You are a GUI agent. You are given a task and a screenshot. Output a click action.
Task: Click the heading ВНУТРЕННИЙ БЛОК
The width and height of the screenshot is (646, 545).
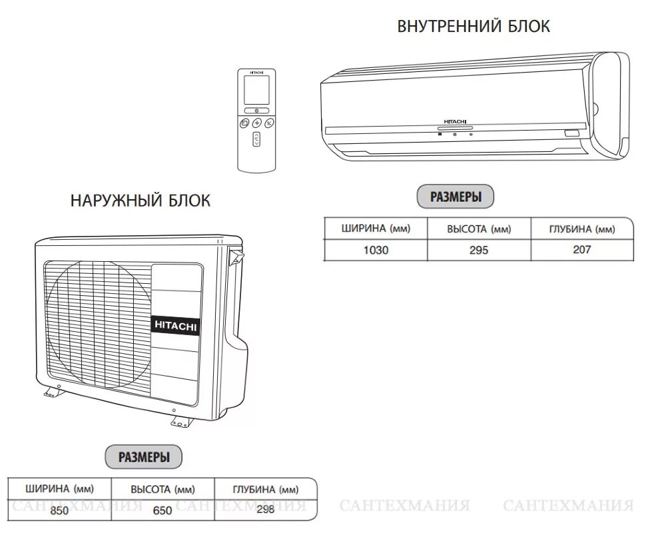tap(474, 27)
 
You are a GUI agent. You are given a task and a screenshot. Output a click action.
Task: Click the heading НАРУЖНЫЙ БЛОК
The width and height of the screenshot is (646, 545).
tap(140, 201)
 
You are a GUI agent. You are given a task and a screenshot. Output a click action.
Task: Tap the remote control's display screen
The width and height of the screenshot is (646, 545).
tap(256, 89)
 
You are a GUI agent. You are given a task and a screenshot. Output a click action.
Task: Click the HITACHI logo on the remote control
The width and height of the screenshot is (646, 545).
tap(256, 71)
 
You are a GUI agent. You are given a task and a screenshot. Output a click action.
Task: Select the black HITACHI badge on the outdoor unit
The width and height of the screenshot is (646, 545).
tap(176, 325)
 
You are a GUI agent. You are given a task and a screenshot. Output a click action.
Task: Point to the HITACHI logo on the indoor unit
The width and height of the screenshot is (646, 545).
tap(454, 123)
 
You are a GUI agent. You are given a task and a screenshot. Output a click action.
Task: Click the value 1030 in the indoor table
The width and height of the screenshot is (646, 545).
tap(375, 251)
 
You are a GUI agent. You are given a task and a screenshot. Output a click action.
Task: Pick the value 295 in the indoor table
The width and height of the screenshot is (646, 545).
tap(478, 251)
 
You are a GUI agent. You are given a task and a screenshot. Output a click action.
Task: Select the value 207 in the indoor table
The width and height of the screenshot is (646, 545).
tap(581, 251)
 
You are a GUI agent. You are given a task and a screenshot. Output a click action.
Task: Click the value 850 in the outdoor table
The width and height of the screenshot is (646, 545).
tap(59, 511)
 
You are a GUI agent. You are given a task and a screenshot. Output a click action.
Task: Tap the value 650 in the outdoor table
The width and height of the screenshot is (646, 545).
tap(162, 511)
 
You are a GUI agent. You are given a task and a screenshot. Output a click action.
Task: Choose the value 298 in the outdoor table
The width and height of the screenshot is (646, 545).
tap(265, 510)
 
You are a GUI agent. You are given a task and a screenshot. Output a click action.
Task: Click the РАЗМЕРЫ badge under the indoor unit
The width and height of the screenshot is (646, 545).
tap(456, 197)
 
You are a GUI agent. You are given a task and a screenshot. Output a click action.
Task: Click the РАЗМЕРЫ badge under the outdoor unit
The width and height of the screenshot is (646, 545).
tap(144, 457)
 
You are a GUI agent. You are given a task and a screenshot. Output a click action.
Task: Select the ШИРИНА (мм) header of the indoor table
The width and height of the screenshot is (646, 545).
tap(376, 229)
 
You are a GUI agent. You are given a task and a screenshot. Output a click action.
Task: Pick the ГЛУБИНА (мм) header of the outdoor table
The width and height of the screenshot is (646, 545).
tap(265, 490)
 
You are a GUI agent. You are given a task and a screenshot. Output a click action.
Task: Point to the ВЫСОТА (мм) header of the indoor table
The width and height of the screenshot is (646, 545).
tap(479, 229)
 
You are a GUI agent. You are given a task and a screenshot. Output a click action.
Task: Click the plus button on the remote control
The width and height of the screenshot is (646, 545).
tap(256, 123)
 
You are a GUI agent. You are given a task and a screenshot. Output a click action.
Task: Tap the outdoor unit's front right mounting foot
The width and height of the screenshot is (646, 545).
tap(180, 421)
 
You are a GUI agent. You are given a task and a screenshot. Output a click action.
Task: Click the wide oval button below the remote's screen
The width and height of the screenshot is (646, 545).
tap(256, 110)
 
